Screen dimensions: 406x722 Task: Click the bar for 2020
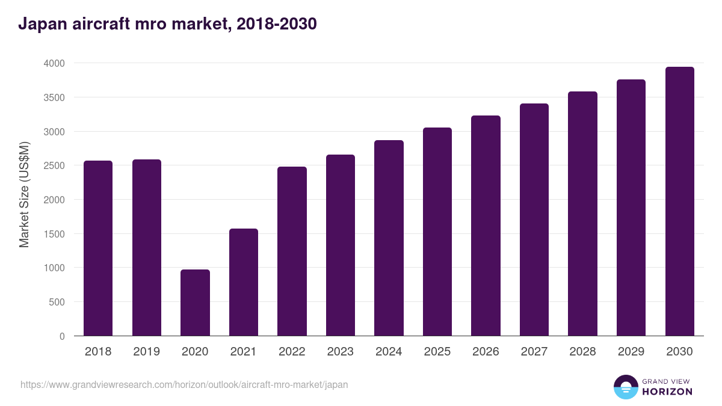point(195,303)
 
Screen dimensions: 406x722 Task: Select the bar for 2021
point(244,282)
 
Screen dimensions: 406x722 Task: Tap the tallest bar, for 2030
point(679,201)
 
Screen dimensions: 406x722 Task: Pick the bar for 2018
point(98,248)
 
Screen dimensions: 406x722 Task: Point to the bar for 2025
point(437,232)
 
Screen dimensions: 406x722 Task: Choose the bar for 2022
point(292,251)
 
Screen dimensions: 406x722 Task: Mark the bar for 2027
point(534,220)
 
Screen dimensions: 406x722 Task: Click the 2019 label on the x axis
point(146,351)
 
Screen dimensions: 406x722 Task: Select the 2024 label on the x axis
point(389,351)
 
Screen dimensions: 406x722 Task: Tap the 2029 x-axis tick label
point(631,351)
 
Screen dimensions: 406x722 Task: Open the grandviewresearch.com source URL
point(184,384)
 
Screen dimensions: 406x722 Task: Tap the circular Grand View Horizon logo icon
point(625,387)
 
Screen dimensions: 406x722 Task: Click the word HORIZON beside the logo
point(667,392)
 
